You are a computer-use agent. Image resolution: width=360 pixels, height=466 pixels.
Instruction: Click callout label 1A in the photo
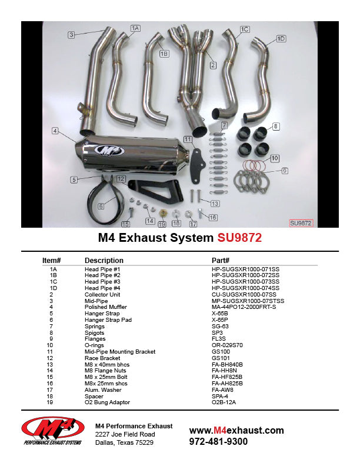[x=135, y=28]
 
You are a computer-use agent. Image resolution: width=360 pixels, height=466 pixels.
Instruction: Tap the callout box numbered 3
[x=71, y=35]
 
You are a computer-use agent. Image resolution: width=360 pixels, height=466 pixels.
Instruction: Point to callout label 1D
[x=281, y=38]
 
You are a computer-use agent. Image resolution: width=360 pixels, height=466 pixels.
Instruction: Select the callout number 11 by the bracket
[x=188, y=139]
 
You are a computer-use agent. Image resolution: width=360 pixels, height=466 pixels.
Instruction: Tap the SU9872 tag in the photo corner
[x=301, y=223]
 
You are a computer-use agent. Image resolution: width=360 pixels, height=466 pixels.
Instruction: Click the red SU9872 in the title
[x=239, y=238]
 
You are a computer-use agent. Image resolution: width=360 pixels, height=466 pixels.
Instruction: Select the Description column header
[x=104, y=260]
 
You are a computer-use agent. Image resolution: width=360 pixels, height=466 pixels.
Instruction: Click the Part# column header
[x=220, y=260]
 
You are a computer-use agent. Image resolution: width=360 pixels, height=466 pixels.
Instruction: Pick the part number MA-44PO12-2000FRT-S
[x=244, y=307]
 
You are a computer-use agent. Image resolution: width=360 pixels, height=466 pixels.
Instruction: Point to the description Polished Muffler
[x=105, y=307]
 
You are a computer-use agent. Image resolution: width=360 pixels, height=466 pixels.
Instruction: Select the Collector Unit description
[x=102, y=294]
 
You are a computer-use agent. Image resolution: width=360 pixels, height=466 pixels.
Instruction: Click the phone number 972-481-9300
[x=218, y=442]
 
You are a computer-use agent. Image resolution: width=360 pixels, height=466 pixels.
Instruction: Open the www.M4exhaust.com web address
[x=236, y=431]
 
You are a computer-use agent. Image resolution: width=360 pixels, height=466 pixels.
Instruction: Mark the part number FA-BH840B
[x=227, y=364]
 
